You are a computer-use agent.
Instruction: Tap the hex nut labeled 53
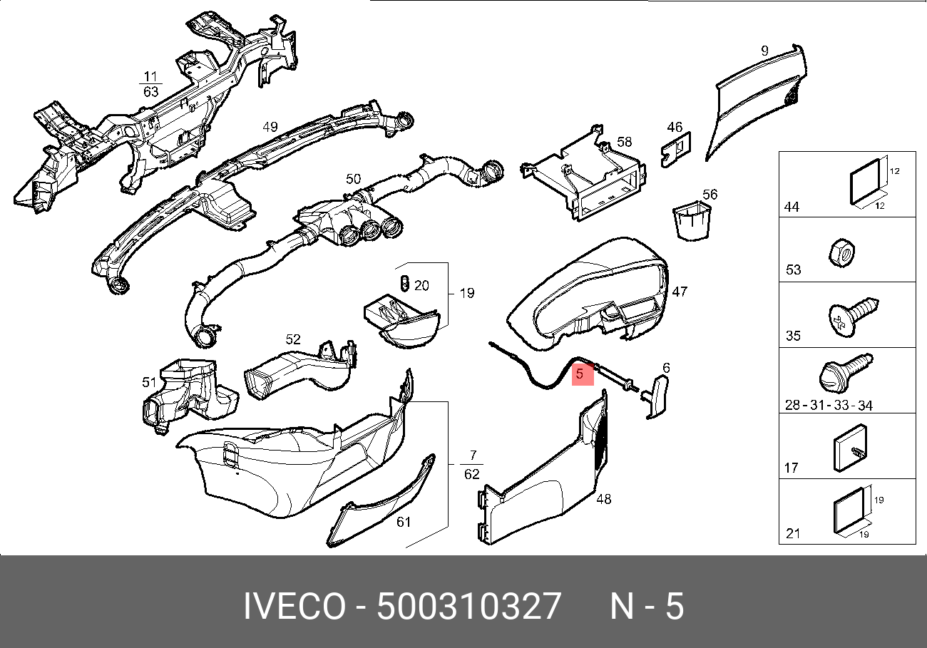(842, 253)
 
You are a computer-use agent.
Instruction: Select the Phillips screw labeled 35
(853, 317)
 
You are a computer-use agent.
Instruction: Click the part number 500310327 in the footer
(469, 606)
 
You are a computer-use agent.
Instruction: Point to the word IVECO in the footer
(295, 606)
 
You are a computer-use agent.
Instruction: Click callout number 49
(270, 127)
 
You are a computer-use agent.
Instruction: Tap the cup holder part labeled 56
(692, 220)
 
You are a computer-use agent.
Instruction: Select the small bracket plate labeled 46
(676, 150)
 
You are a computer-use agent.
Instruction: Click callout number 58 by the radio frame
(625, 142)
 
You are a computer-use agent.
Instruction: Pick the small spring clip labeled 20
(405, 283)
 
